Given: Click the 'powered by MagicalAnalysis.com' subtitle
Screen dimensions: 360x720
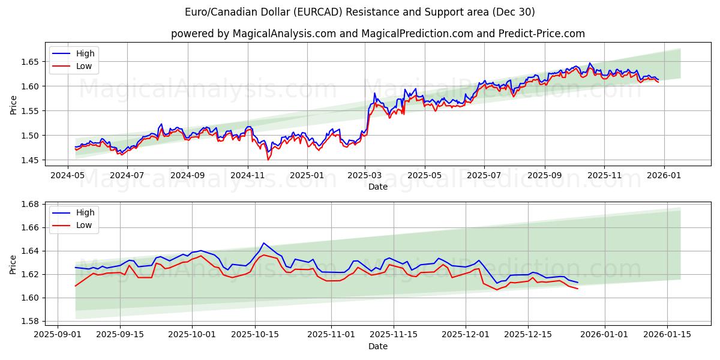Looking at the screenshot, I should pyautogui.click(x=378, y=34).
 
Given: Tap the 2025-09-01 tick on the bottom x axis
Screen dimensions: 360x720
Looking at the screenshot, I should pyautogui.click(x=58, y=334).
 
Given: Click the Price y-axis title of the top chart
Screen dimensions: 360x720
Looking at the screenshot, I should pyautogui.click(x=13, y=106).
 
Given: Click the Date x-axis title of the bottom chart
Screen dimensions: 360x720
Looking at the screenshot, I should pyautogui.click(x=378, y=346).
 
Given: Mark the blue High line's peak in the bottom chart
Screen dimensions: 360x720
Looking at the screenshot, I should pyautogui.click(x=263, y=243).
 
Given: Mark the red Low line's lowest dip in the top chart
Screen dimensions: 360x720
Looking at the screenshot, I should pyautogui.click(x=268, y=160).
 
